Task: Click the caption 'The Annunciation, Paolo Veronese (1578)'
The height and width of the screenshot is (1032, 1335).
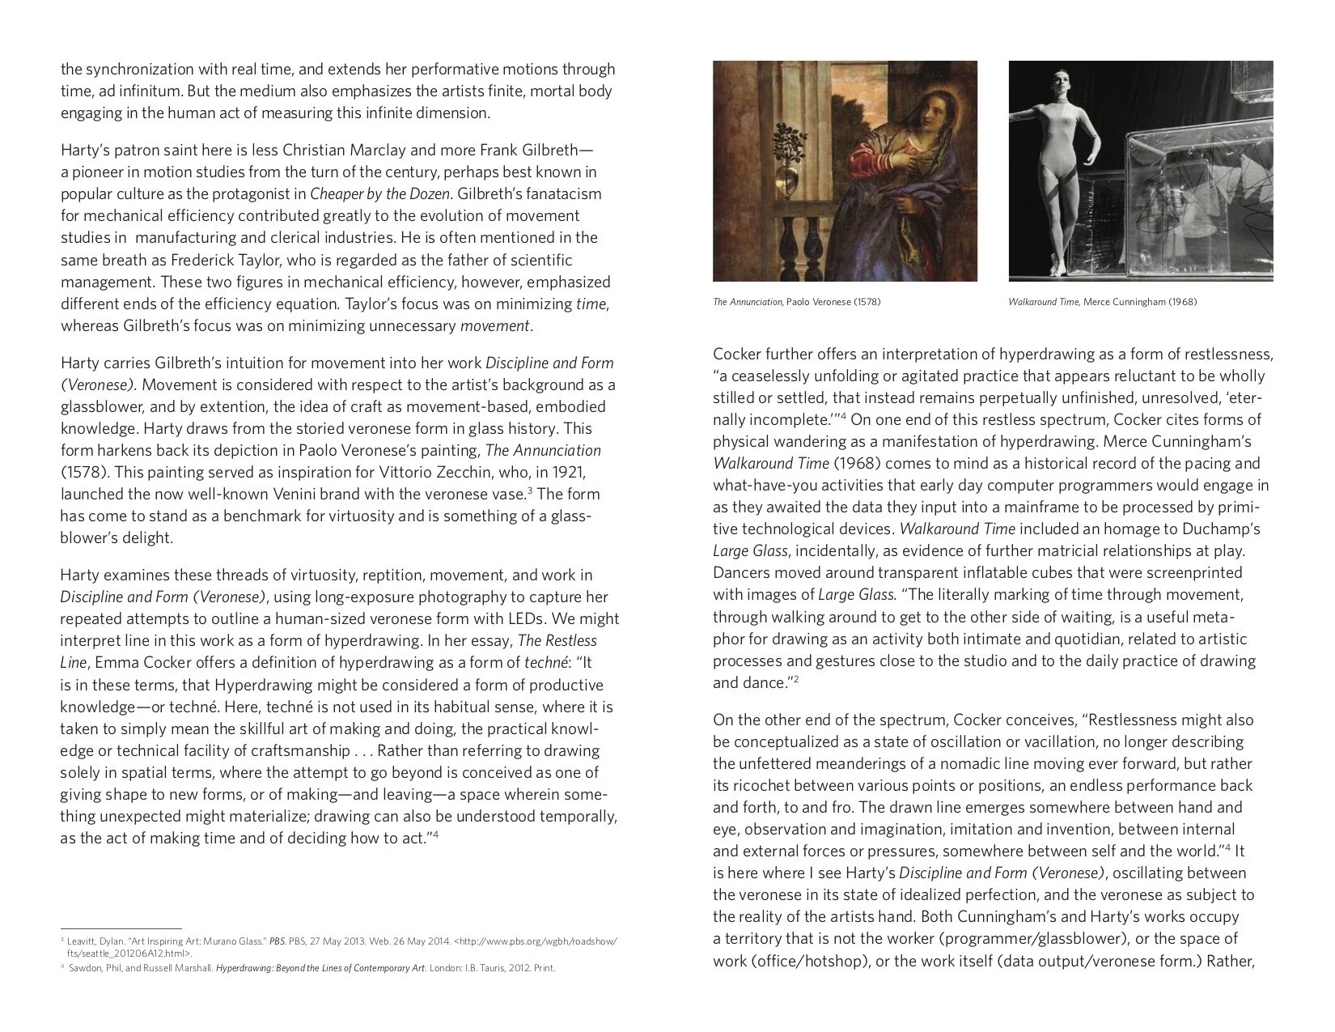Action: (796, 302)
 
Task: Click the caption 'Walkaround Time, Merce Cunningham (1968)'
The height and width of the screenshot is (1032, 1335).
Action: (1102, 302)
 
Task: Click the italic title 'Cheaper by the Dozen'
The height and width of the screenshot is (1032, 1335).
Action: (379, 194)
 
